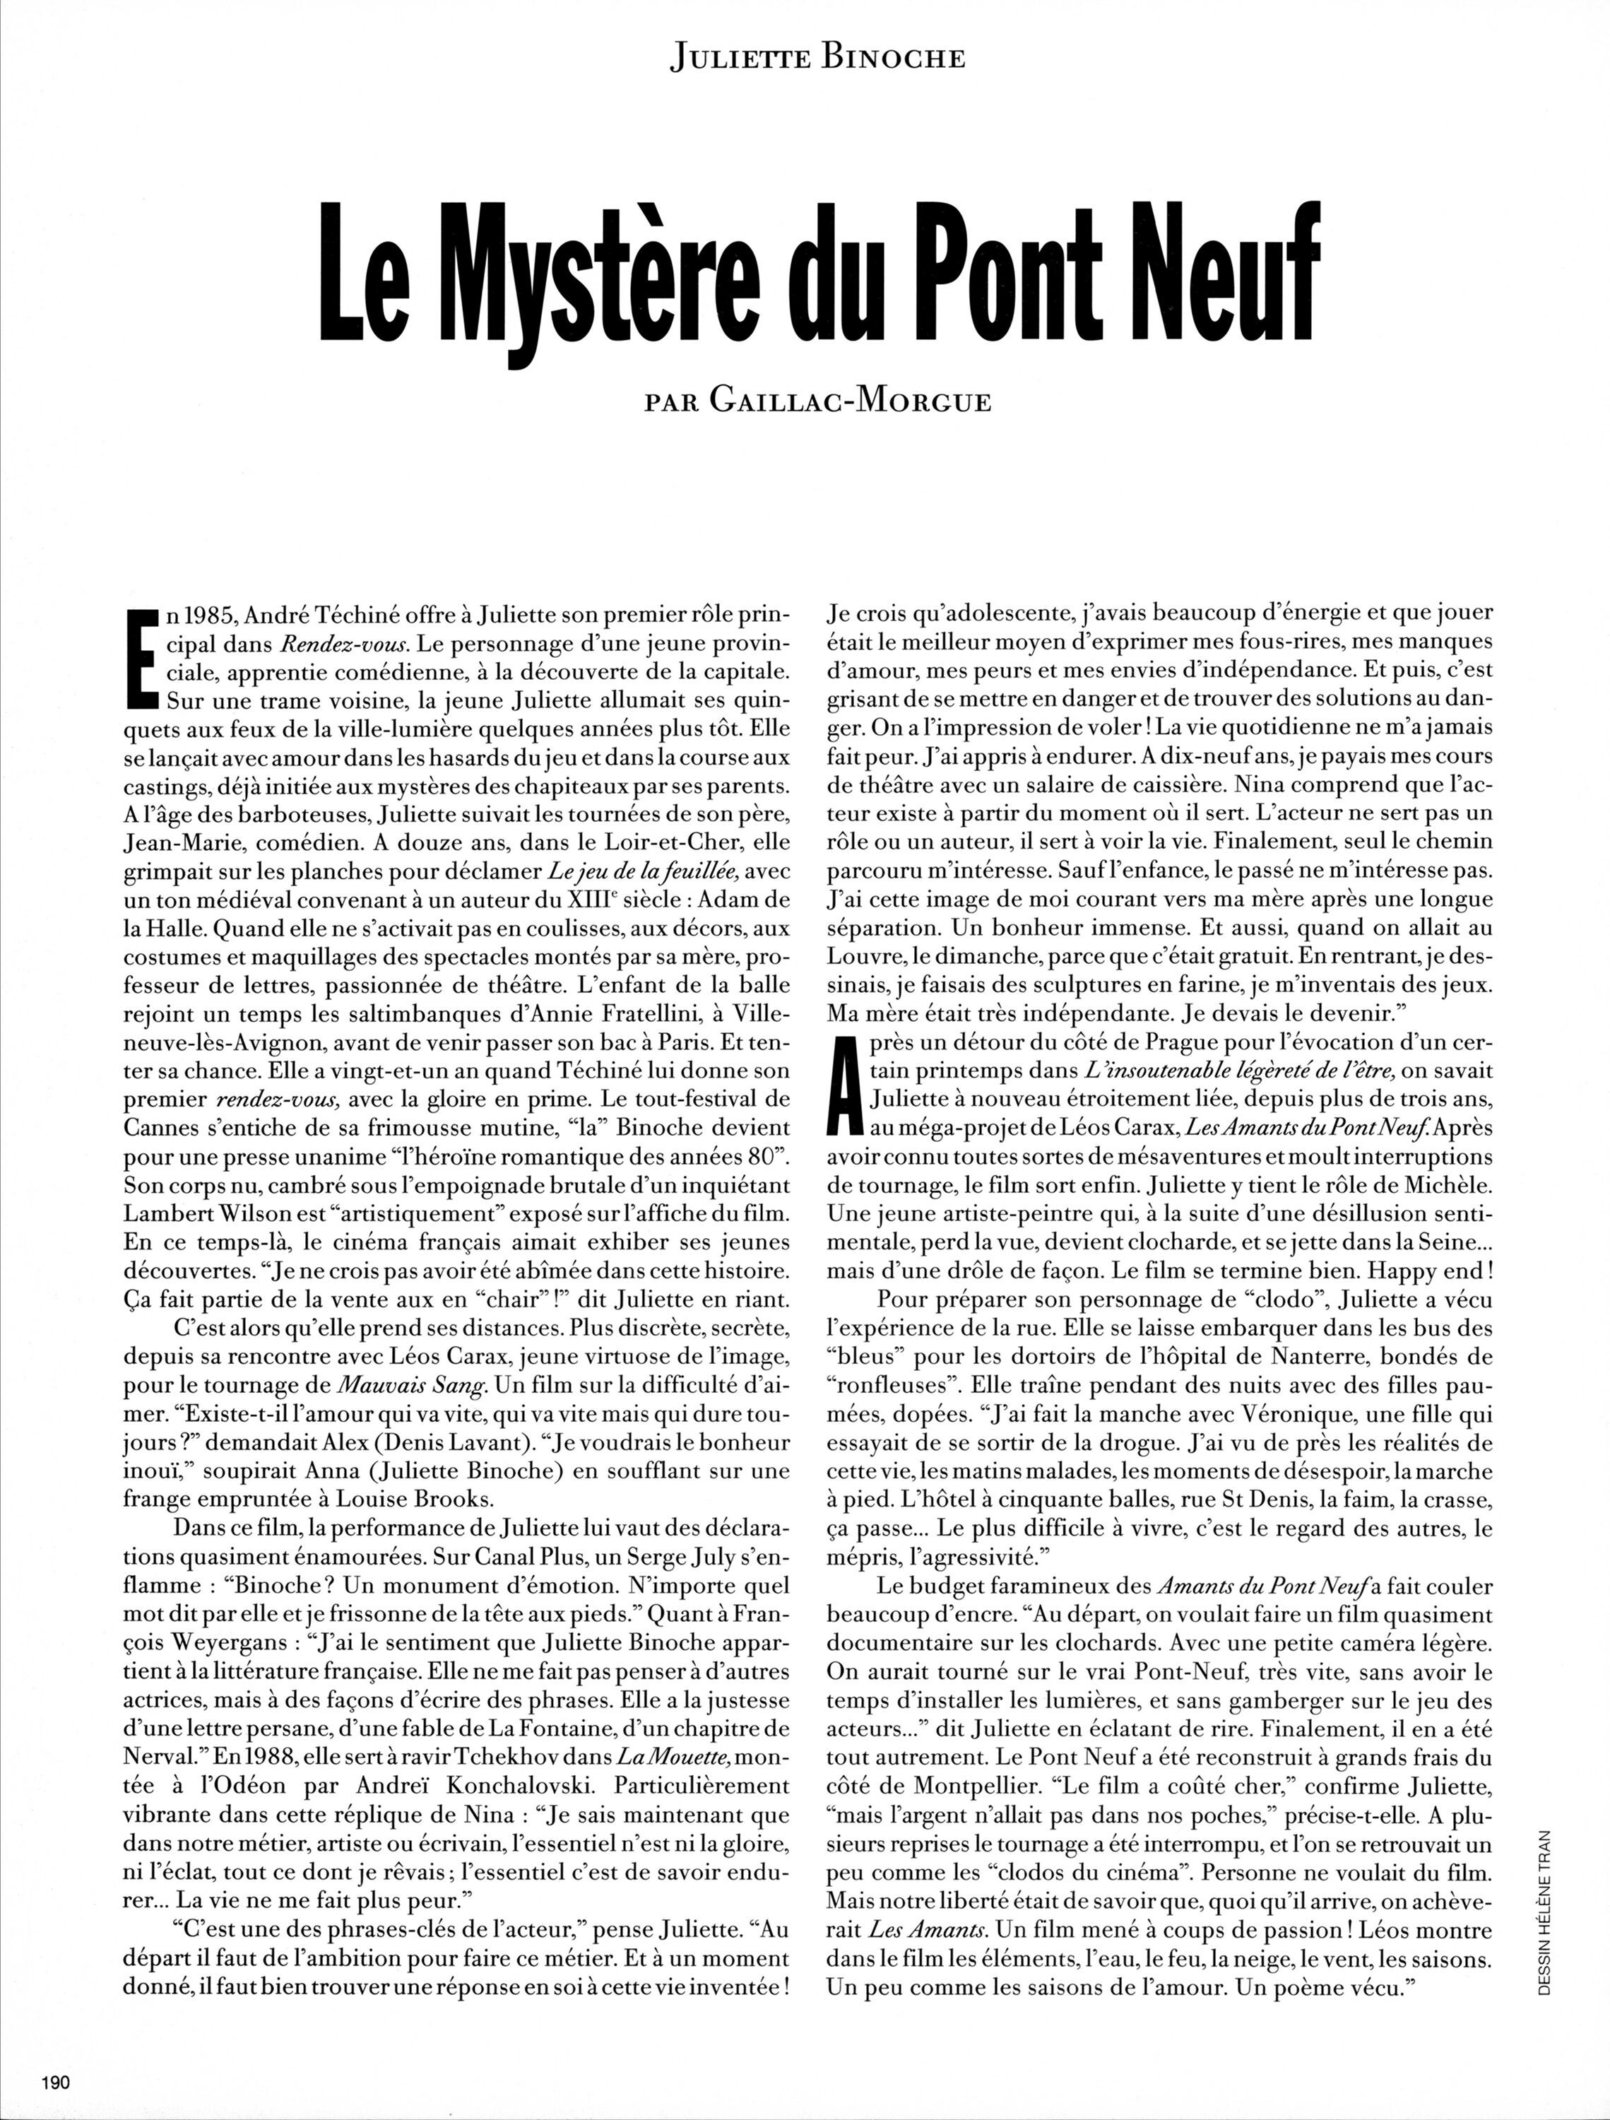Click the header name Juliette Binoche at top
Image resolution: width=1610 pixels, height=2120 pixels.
[x=818, y=59]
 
